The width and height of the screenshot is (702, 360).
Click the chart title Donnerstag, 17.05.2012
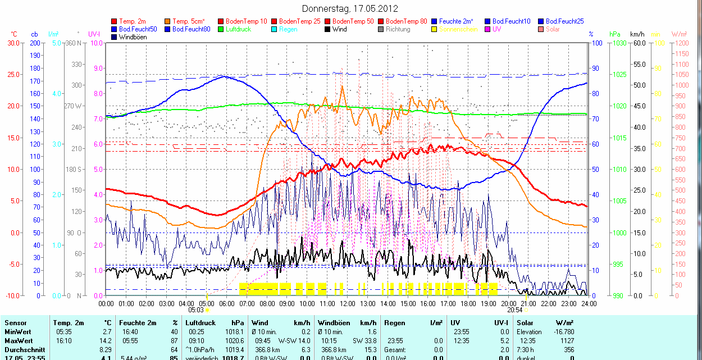pyautogui.click(x=350, y=8)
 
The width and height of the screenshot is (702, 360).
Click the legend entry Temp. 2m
pyautogui.click(x=133, y=21)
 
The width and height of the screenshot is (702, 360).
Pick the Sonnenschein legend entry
pyautogui.click(x=458, y=29)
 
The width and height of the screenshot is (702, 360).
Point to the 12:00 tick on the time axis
pyautogui.click(x=348, y=303)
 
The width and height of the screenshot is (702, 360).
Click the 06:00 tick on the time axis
pyautogui.click(x=227, y=303)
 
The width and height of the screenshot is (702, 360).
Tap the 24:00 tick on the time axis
pyautogui.click(x=588, y=303)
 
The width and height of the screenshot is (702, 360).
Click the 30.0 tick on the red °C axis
pyautogui.click(x=13, y=43)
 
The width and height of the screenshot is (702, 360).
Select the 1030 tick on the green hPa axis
pyautogui.click(x=619, y=43)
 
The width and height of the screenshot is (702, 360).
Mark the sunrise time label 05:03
pyautogui.click(x=196, y=309)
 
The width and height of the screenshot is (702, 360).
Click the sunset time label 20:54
pyautogui.click(x=515, y=309)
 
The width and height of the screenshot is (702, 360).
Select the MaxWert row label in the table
pyautogui.click(x=18, y=341)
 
